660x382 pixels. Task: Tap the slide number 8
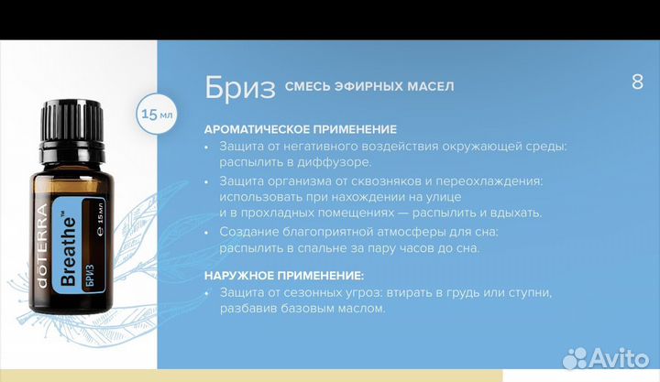tap(637, 82)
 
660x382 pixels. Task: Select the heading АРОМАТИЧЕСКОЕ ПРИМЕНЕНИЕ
tap(300, 129)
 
